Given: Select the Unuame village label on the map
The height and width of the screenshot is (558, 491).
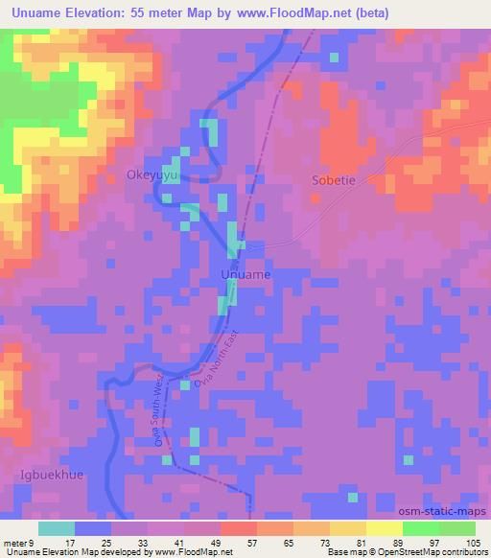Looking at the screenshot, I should pos(245,275).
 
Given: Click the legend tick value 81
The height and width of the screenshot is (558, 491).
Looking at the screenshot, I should pos(362,542).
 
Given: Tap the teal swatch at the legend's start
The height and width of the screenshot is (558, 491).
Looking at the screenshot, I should pos(57,528).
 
